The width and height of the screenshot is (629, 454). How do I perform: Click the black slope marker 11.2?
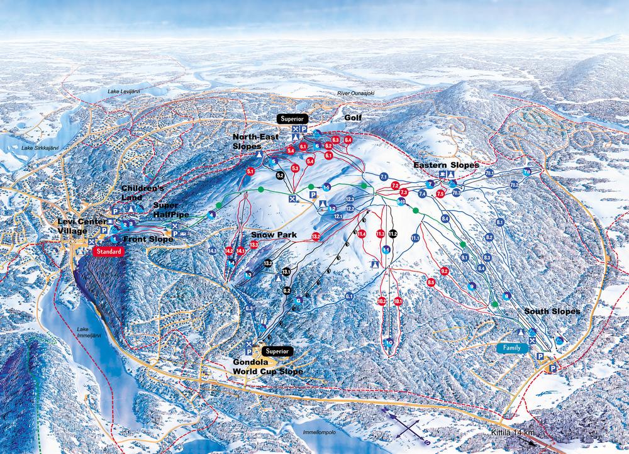click(x=393, y=233)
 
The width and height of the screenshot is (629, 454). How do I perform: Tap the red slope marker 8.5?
click(x=431, y=283)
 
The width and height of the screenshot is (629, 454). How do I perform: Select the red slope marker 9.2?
click(x=444, y=271)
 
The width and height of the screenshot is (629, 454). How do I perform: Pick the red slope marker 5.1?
click(x=250, y=171)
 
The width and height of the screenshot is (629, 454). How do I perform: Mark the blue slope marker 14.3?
click(x=213, y=251)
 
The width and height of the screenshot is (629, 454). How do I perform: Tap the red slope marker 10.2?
click(x=382, y=301)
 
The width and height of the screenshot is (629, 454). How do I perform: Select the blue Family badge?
click(x=512, y=347)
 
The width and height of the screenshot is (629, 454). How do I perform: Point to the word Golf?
click(x=353, y=118)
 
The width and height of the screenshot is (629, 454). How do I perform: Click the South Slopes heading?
click(x=552, y=311)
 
